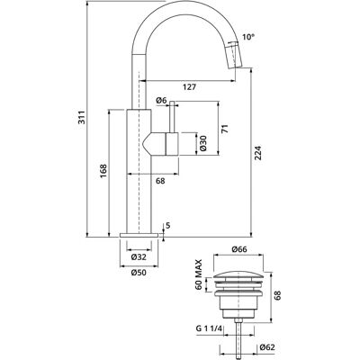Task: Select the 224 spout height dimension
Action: [259, 153]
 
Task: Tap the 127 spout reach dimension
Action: [189, 87]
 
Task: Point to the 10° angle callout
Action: [248, 37]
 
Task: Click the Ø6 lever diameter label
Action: [161, 101]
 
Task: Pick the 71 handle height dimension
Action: [225, 129]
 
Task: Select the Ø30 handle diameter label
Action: [202, 143]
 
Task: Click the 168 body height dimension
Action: [103, 171]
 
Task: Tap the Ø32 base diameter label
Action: [139, 256]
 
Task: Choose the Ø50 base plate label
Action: [139, 273]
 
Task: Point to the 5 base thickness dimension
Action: [167, 225]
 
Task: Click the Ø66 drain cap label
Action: [239, 249]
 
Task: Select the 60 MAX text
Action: [199, 274]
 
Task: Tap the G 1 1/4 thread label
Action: [209, 328]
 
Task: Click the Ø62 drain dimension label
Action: [267, 347]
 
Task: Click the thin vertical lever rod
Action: [172, 117]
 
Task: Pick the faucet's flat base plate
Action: [139, 235]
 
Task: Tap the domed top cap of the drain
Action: [238, 274]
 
